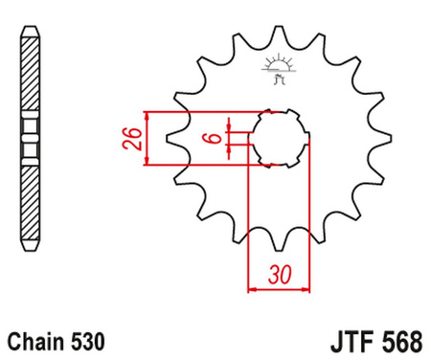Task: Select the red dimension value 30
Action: click(x=280, y=274)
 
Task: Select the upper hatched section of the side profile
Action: click(x=31, y=73)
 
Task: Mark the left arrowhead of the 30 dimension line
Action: click(x=252, y=286)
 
